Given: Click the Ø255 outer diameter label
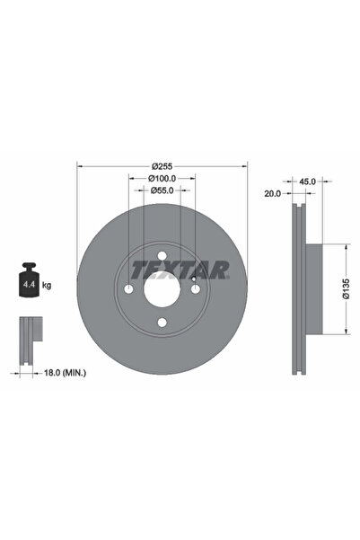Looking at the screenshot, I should pos(162,166).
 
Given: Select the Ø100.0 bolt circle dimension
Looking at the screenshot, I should pos(162,179).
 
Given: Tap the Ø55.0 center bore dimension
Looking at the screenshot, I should pos(162,190).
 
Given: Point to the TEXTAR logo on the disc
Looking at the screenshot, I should pos(180,269).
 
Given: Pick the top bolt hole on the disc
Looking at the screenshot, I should pos(162,257).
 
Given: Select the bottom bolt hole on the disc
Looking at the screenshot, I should pos(162,324).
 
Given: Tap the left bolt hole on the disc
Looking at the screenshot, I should pos(128,291).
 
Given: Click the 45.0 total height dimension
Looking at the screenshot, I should pos(307,181).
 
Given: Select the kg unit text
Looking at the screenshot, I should pos(47,285).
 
